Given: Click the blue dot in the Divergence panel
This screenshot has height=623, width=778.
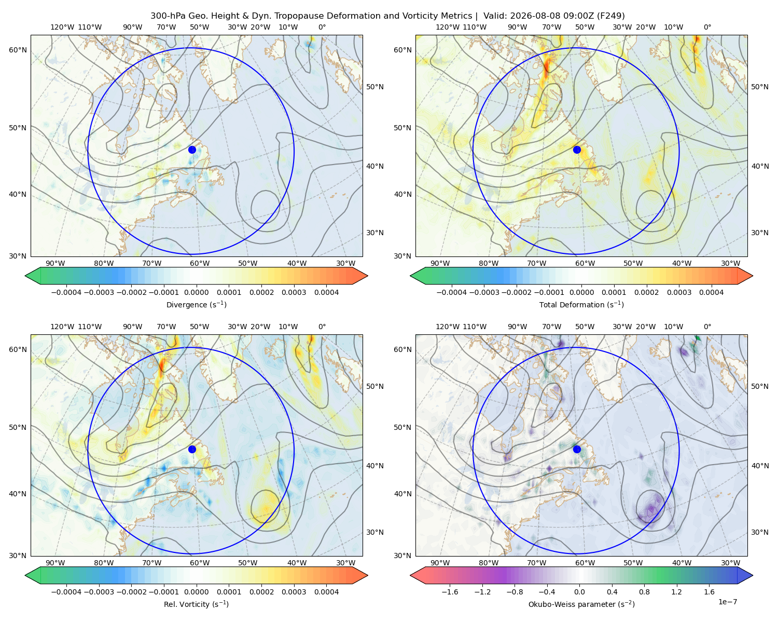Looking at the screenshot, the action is point(192,150).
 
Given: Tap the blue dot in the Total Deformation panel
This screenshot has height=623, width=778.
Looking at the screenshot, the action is point(577,150).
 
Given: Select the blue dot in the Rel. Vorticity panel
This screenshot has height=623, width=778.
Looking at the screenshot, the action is point(192,449).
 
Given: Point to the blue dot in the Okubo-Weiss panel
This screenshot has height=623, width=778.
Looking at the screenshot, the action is point(577,449).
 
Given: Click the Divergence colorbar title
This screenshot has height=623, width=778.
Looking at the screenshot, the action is point(196,304).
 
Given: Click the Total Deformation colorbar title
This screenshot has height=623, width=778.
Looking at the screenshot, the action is point(581,304).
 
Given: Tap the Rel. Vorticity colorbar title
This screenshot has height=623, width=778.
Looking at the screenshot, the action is point(196,604).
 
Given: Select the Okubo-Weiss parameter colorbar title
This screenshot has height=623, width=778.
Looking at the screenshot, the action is point(581,604).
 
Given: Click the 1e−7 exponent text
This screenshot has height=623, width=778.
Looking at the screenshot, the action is point(727,602).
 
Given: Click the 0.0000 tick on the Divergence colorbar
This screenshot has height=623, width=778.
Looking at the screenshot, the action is point(196,292).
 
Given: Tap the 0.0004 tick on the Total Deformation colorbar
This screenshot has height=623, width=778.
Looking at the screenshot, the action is point(711,292).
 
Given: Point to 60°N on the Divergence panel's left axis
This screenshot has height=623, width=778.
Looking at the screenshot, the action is point(18,50).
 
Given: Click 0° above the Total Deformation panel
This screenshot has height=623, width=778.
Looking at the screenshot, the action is point(707,27).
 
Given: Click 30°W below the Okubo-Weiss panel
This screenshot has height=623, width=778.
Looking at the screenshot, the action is point(730,563).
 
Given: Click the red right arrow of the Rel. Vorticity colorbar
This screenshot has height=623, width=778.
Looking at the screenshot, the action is point(360,575).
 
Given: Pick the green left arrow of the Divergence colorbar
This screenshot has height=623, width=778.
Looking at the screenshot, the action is point(33,276).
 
